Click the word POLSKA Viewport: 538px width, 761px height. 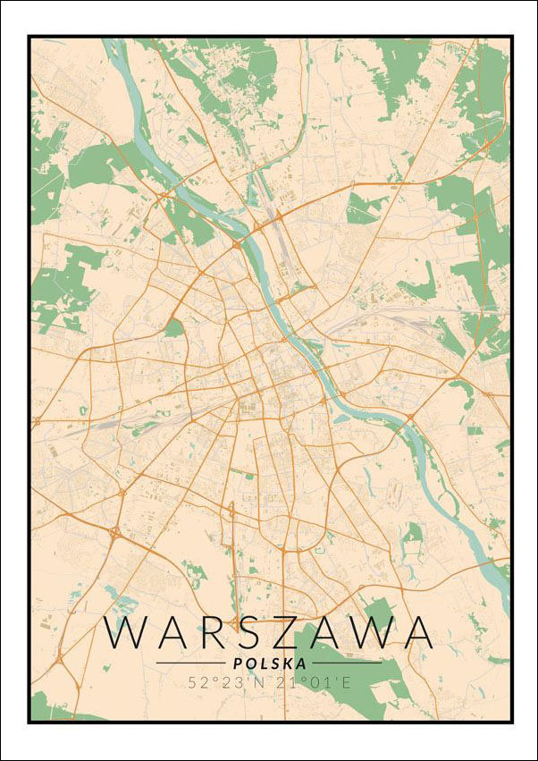269,664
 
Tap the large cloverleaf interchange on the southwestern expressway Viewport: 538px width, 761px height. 115,534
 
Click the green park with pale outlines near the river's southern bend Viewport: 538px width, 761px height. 412,535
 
